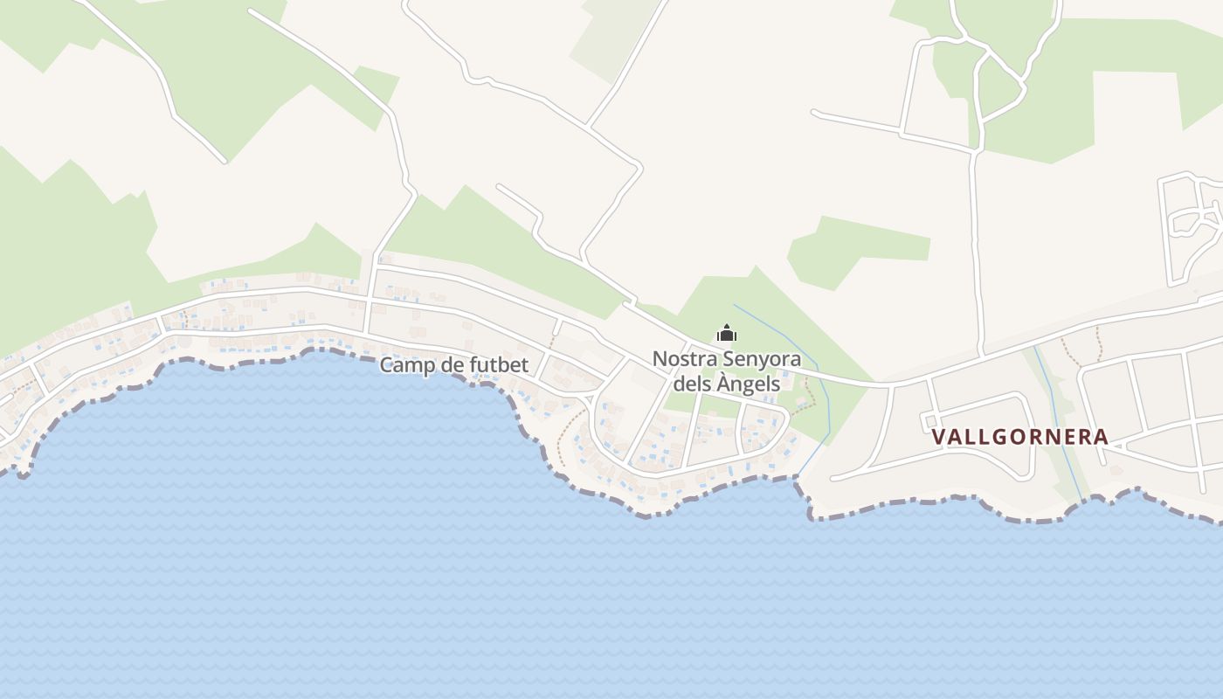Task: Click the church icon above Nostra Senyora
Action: [x=727, y=333]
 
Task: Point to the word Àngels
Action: [x=749, y=384]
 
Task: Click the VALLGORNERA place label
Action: [x=1019, y=437]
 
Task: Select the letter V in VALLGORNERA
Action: [x=939, y=437]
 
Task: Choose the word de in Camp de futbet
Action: [x=451, y=365]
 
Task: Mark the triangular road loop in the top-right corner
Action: [x=1001, y=87]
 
